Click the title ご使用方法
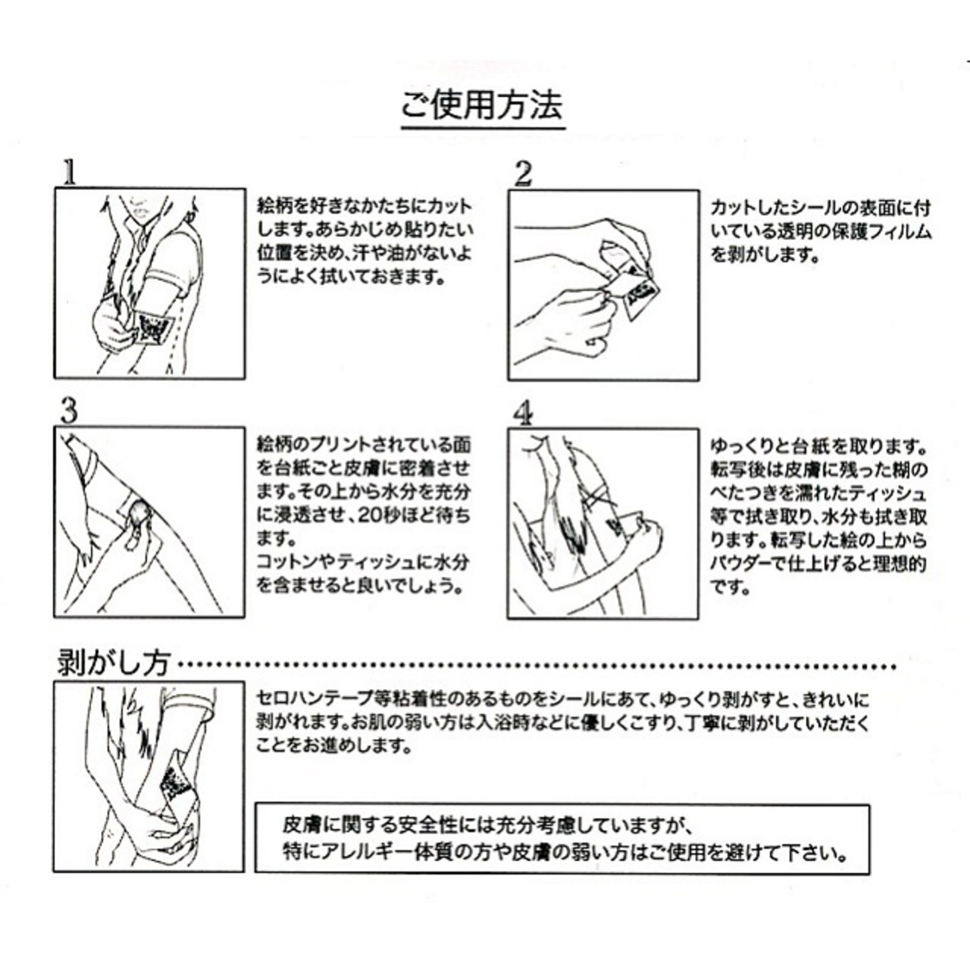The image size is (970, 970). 482,105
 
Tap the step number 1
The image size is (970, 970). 69,172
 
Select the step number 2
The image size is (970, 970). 523,174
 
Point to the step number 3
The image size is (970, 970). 69,411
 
